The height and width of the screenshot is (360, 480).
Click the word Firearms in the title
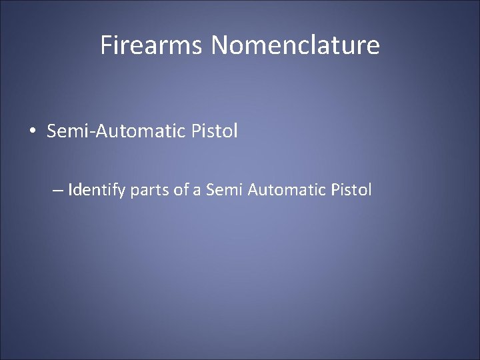point(153,45)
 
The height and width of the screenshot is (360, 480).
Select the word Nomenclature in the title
point(296,45)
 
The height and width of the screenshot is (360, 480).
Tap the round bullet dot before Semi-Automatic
point(33,131)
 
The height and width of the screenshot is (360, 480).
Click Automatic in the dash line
point(287,191)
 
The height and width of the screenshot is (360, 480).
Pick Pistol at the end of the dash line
point(352,191)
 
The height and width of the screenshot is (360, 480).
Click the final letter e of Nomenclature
point(374,47)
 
